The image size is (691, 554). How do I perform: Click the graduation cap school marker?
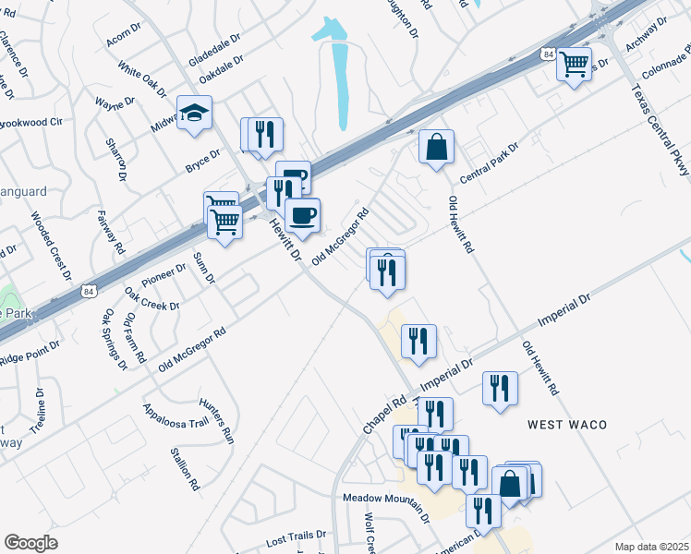pos(195,113)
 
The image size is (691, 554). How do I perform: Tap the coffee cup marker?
pos(302,216)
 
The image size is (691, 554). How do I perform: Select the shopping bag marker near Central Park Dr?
pos(436,147)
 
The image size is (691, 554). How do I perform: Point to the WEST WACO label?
pos(567,424)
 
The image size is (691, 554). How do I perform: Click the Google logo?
pos(30,543)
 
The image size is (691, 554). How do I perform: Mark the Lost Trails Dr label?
pos(297,535)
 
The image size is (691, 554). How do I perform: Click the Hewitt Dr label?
pos(285,239)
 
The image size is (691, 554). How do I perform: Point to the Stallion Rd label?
pos(185,468)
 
